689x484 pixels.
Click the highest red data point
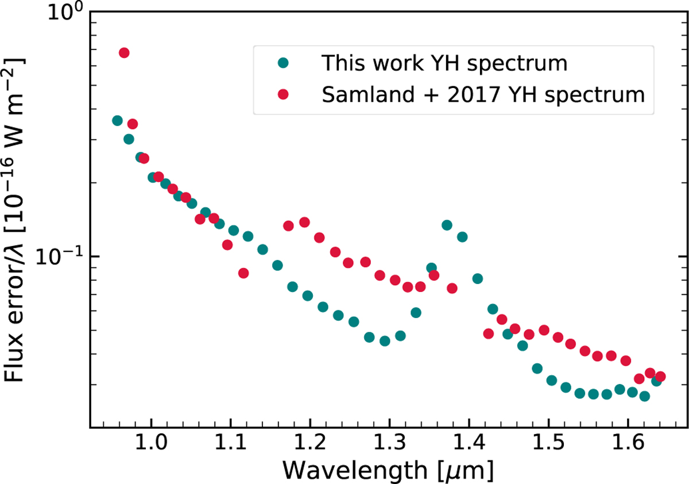(124, 53)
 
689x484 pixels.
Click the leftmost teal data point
(117, 121)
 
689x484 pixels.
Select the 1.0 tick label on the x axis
(151, 445)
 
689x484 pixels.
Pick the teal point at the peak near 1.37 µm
(447, 225)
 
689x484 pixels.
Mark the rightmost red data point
(660, 377)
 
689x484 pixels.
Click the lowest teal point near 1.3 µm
(385, 341)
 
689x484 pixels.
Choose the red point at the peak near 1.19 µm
(304, 222)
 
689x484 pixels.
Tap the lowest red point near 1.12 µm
(243, 273)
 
